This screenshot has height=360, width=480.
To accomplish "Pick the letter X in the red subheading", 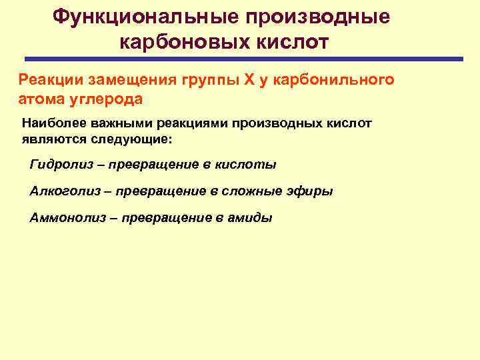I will tap(248, 81).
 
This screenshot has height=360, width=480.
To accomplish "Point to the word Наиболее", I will tap(51, 123).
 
